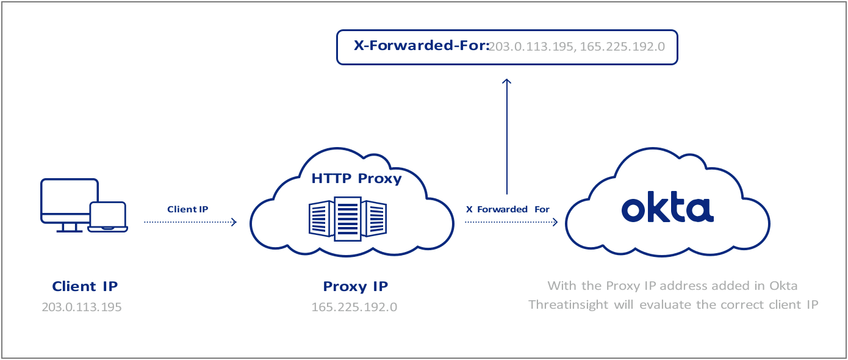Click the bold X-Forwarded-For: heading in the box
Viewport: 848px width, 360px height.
[422, 46]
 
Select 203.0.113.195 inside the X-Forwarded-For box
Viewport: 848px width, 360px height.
[529, 46]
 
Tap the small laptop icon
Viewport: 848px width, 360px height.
[108, 217]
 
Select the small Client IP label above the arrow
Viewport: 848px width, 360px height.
[188, 209]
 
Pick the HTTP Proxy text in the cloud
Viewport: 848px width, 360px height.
[356, 179]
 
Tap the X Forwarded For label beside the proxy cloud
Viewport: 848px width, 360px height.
[508, 209]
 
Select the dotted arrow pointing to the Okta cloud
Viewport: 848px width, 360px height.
[511, 223]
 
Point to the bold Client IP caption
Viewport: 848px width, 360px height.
[85, 286]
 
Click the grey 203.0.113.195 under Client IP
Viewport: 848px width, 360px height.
[82, 307]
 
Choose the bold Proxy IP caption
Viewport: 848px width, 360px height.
[355, 286]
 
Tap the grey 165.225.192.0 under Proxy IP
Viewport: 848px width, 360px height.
[354, 307]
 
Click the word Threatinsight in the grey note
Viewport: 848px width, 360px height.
[569, 304]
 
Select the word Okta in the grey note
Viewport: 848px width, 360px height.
[782, 286]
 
